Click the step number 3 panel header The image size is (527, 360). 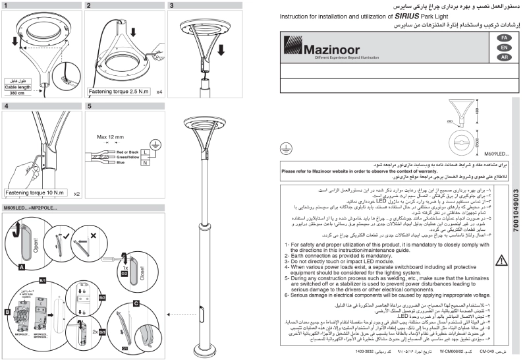pos(172,5)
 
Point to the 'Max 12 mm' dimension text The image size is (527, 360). pos(111,136)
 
